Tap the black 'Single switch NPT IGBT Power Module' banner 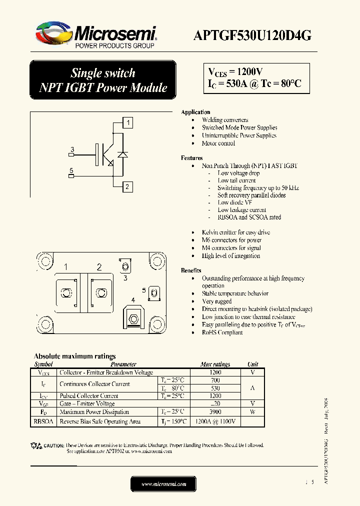tap(103, 80)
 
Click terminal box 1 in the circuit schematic tap(128, 123)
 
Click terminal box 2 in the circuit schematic tap(128, 187)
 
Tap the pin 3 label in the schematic tap(72, 150)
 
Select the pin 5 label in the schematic tap(71, 171)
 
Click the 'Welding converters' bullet tap(225, 120)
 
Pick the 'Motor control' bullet tap(218, 143)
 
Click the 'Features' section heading tap(191, 157)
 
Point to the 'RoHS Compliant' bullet tap(222, 332)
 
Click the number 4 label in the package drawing tap(132, 300)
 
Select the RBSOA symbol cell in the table tap(43, 421)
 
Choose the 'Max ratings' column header tap(215, 364)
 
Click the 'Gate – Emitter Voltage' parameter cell tap(87, 403)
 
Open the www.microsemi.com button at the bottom tap(163, 484)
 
